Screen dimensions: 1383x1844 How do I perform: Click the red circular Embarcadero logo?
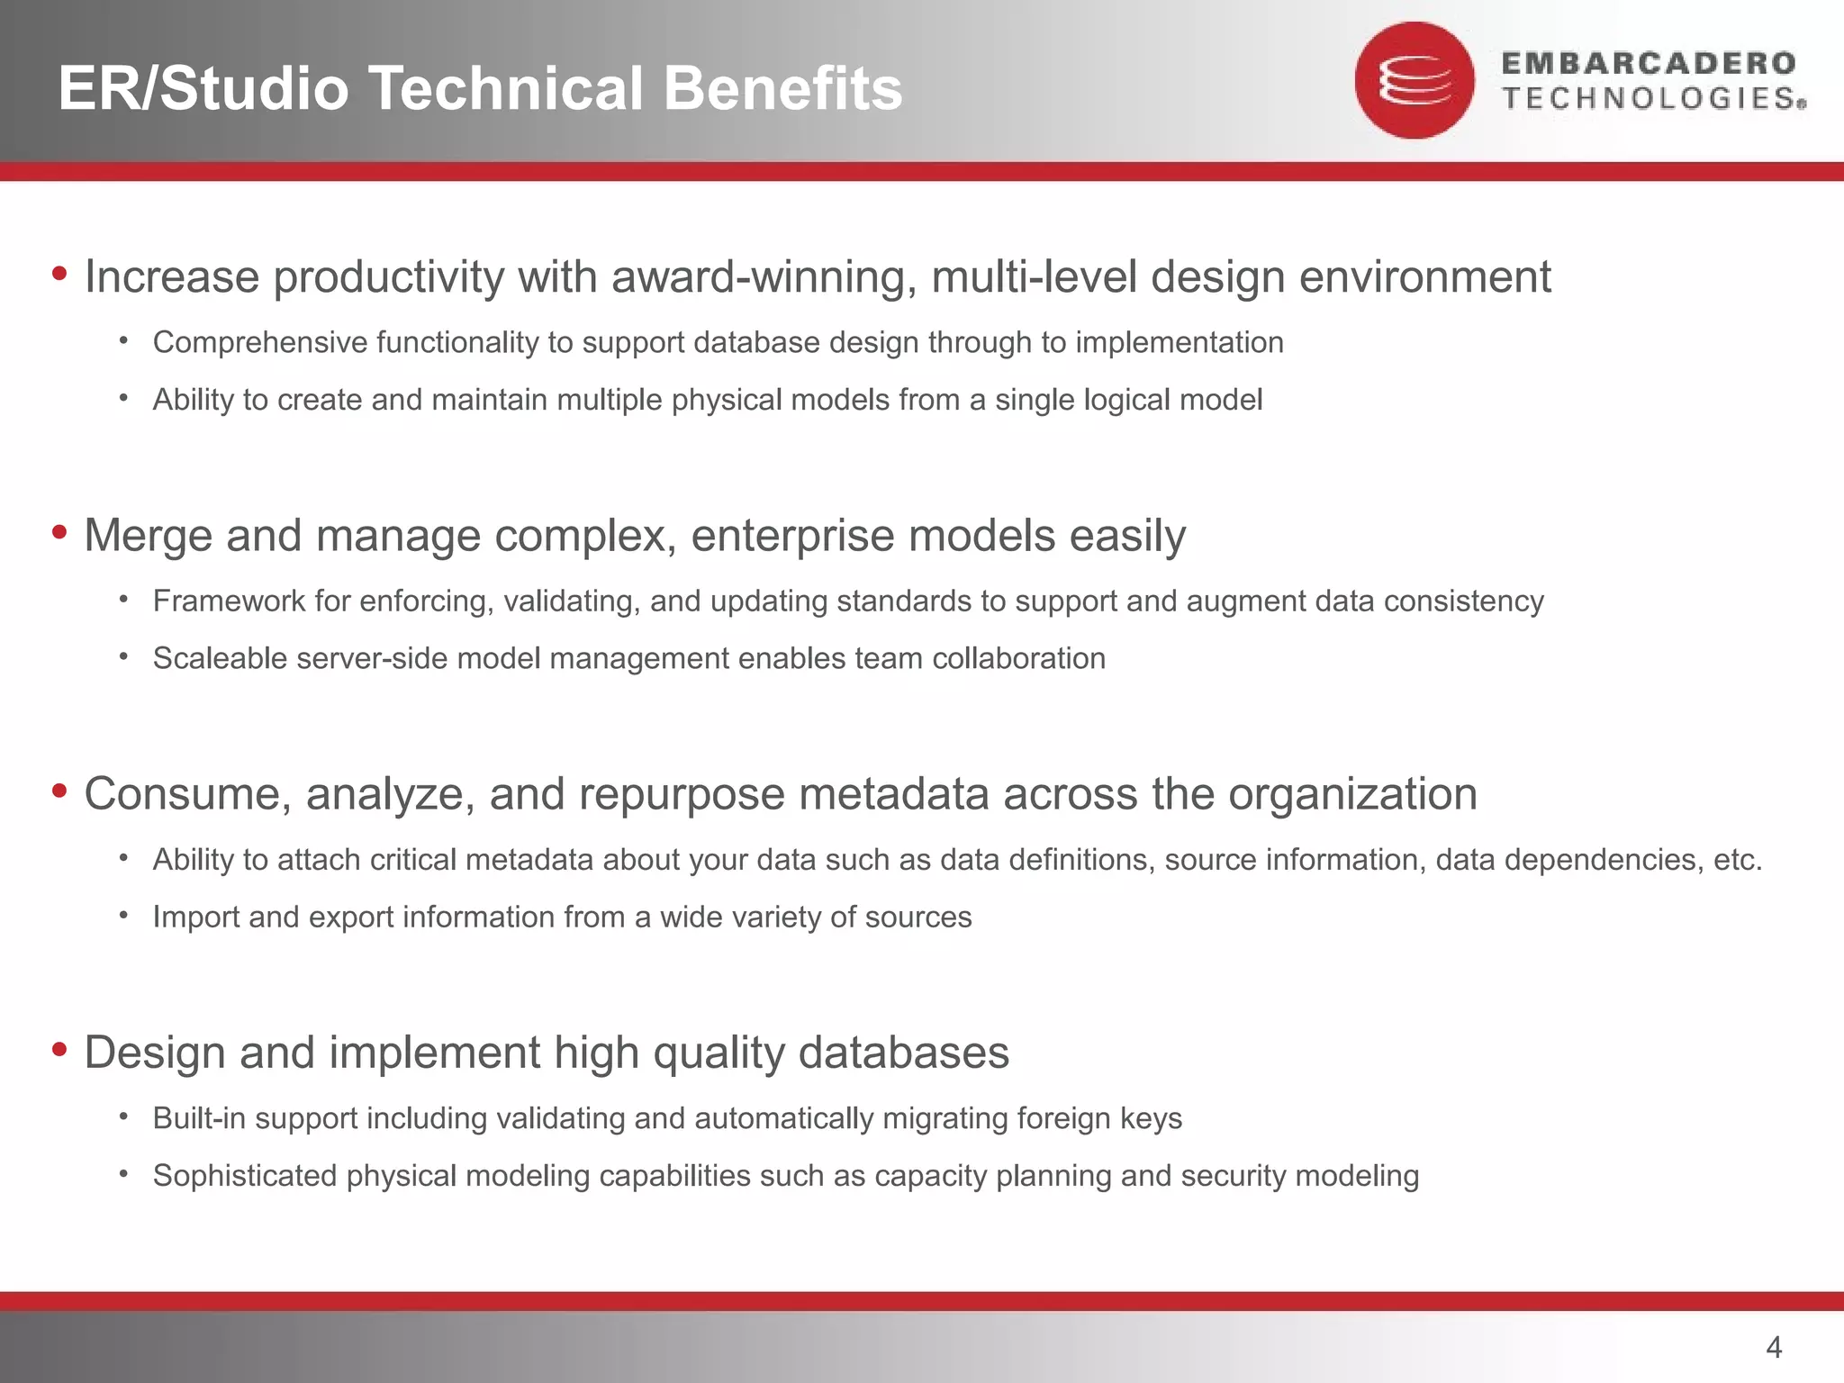click(x=1415, y=80)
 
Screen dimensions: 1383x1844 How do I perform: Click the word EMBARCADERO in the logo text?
click(x=1649, y=63)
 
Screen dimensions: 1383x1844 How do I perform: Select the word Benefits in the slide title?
click(x=782, y=88)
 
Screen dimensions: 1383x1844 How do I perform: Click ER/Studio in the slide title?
click(x=203, y=88)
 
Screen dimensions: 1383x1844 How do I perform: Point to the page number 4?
click(x=1774, y=1347)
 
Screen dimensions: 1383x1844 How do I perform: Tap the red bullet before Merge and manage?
click(x=59, y=532)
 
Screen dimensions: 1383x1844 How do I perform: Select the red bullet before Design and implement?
click(x=59, y=1049)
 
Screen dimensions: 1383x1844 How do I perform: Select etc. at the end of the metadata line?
click(x=1737, y=860)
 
